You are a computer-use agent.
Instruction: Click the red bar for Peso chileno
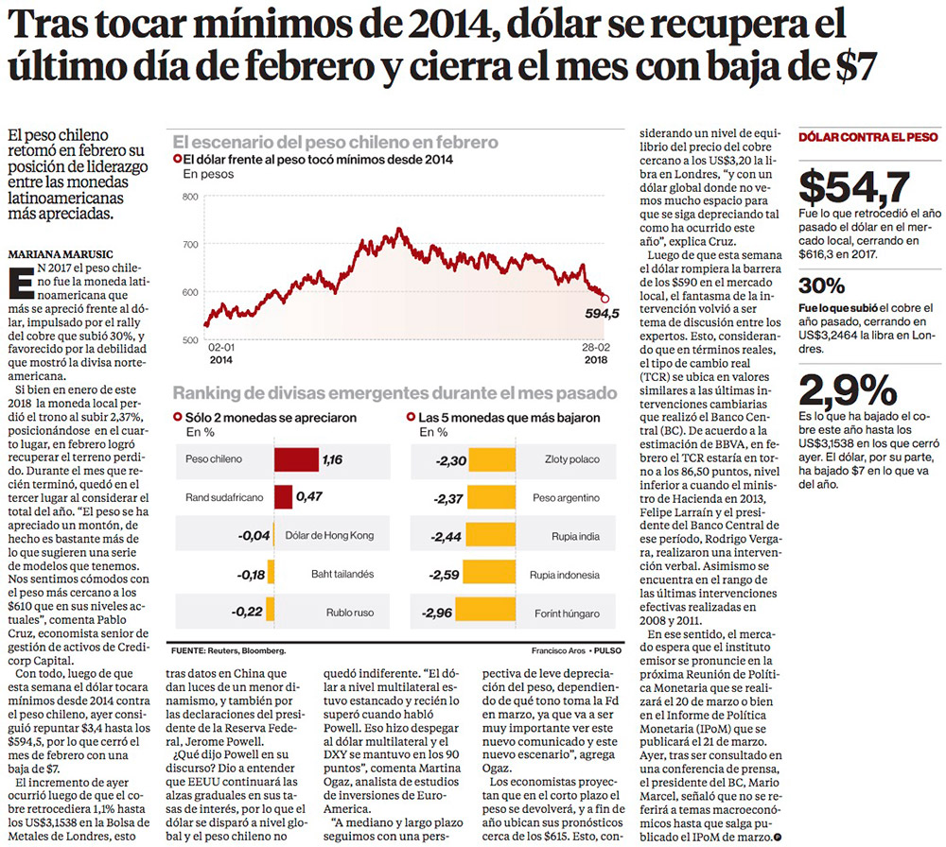(296, 460)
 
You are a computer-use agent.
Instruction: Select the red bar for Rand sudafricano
(284, 497)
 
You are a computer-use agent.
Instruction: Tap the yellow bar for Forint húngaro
(485, 613)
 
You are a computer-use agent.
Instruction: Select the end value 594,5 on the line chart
(602, 314)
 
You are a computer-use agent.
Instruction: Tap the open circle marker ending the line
(605, 299)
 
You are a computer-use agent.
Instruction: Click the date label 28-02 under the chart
(597, 348)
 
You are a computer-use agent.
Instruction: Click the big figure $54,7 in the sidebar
(854, 186)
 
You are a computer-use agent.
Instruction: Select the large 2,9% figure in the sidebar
(849, 389)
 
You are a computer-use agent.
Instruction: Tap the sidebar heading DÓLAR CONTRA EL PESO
(868, 137)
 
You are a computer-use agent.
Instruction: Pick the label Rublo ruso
(351, 613)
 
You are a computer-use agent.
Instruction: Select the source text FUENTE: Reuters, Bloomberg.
(228, 651)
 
